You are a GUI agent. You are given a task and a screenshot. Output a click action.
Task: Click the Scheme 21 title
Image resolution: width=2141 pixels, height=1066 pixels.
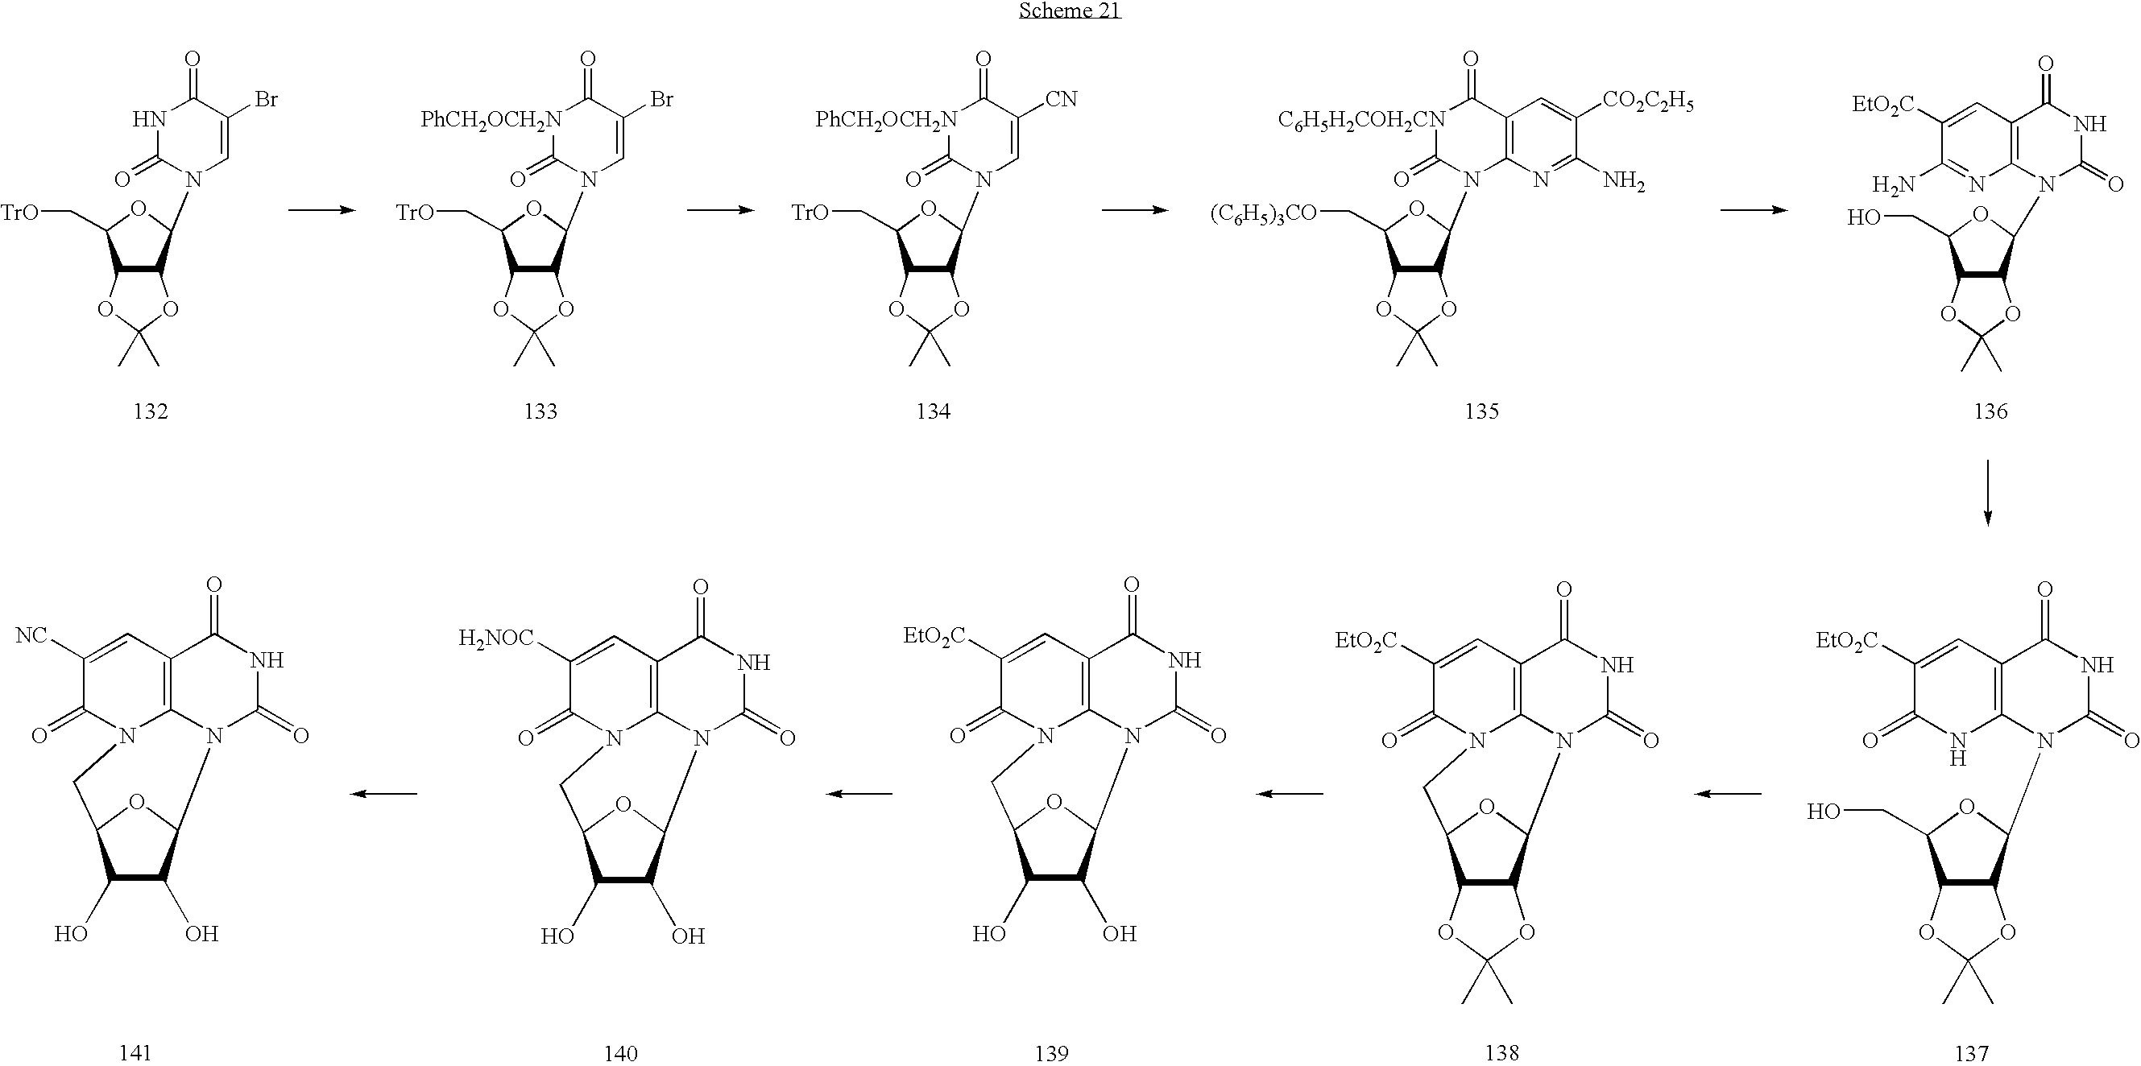click(1070, 10)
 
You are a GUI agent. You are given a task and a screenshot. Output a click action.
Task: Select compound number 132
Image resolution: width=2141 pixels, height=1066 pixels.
click(151, 411)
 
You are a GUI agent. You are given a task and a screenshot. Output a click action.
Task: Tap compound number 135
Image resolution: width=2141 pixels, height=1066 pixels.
click(1482, 411)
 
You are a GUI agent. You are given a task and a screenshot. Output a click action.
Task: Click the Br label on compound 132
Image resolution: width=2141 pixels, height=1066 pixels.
click(267, 100)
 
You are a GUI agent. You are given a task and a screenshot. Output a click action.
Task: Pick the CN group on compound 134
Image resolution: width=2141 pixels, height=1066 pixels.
click(1062, 100)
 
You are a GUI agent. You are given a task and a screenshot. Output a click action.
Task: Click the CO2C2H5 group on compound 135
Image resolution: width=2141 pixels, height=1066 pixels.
click(1647, 102)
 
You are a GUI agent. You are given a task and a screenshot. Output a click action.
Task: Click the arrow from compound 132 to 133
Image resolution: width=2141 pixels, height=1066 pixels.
click(321, 211)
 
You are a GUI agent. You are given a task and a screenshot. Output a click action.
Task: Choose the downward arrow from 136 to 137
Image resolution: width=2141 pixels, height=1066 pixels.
click(1987, 493)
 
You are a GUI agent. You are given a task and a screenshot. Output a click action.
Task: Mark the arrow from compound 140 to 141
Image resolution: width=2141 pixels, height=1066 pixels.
click(383, 794)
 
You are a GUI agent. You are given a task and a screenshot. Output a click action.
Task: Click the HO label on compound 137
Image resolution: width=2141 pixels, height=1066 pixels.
click(1824, 811)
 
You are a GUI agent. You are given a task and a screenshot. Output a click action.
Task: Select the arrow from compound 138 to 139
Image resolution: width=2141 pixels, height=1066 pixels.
click(1289, 794)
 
